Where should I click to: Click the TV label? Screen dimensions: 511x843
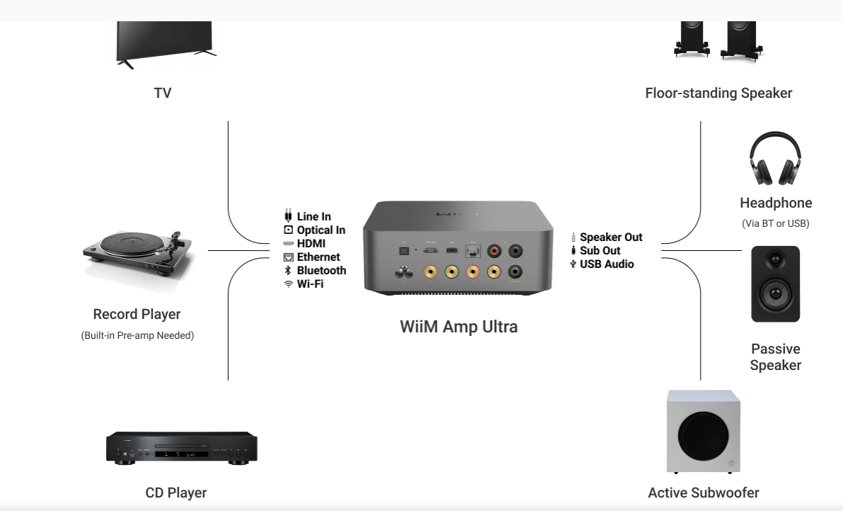(162, 93)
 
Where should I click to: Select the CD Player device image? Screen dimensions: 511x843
(181, 447)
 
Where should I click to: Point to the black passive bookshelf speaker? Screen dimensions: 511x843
(775, 283)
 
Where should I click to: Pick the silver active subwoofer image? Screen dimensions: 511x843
(704, 432)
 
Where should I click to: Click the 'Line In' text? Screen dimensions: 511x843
(314, 217)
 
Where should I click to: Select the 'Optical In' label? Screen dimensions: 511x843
(321, 230)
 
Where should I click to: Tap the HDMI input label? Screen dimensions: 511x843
(311, 244)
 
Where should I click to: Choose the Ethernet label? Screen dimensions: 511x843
(318, 257)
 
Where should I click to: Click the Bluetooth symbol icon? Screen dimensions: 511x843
(288, 271)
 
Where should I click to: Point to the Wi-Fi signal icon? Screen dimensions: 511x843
(288, 284)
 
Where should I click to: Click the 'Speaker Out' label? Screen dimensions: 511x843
(611, 237)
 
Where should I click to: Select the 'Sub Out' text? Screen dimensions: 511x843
(600, 251)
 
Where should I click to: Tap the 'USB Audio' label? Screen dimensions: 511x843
(607, 264)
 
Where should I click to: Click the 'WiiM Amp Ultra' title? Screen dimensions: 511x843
(459, 327)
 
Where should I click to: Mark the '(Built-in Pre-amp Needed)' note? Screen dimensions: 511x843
(137, 335)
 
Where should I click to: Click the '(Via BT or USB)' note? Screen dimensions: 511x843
(775, 224)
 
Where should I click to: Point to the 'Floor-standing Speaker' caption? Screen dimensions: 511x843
(718, 93)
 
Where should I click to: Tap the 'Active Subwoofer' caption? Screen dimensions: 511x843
(703, 493)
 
